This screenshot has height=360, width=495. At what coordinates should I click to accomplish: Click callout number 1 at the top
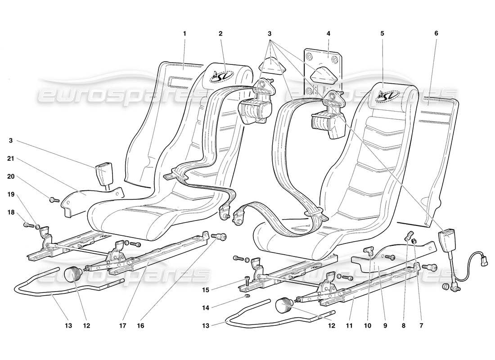[184, 33]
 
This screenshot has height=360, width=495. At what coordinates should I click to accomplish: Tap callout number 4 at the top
[328, 33]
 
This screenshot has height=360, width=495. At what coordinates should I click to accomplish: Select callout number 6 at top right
[436, 33]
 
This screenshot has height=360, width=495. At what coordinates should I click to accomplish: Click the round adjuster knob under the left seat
[72, 273]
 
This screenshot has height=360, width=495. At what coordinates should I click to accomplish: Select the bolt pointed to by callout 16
[221, 237]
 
